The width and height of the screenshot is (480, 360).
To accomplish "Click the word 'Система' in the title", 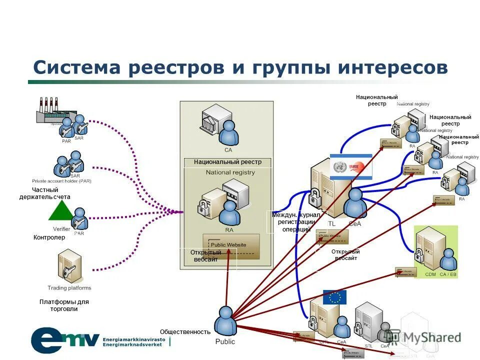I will (76, 67).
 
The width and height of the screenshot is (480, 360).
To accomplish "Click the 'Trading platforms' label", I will (69, 288).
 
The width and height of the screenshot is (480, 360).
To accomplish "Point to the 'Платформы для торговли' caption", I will (64, 305).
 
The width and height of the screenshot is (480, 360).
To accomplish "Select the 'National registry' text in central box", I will (230, 172).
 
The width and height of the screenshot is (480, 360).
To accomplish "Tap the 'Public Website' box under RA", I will (230, 245).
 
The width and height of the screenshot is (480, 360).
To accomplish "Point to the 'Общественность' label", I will (185, 331).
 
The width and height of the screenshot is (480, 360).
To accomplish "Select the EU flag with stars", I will (334, 297).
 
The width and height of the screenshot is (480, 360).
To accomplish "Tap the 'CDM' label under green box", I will (430, 274).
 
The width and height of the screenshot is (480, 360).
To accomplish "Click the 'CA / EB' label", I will (447, 274).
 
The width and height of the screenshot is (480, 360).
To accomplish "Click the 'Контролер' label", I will (49, 237).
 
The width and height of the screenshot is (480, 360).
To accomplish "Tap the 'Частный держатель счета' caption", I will (45, 193).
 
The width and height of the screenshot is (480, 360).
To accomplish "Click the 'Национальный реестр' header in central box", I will (227, 162).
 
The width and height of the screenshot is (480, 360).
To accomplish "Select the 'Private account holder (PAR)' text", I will (61, 180).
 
